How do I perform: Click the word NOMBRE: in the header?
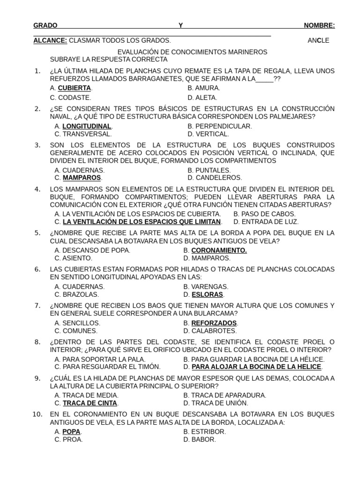coord(319,25)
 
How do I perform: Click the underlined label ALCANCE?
coord(50,40)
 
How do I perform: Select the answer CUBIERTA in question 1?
coord(74,88)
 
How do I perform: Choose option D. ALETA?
coord(202,97)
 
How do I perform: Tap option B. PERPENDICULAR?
coord(219,126)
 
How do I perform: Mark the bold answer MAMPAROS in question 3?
coord(82,178)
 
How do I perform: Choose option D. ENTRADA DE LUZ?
coord(266,222)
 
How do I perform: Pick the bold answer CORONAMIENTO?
coord(219,250)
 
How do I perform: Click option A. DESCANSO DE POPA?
coord(92,250)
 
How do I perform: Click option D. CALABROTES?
coord(206,330)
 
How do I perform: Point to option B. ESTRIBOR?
coord(204,431)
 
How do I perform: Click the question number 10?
coord(38,414)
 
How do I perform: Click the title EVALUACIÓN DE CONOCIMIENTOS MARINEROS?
coord(192,52)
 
